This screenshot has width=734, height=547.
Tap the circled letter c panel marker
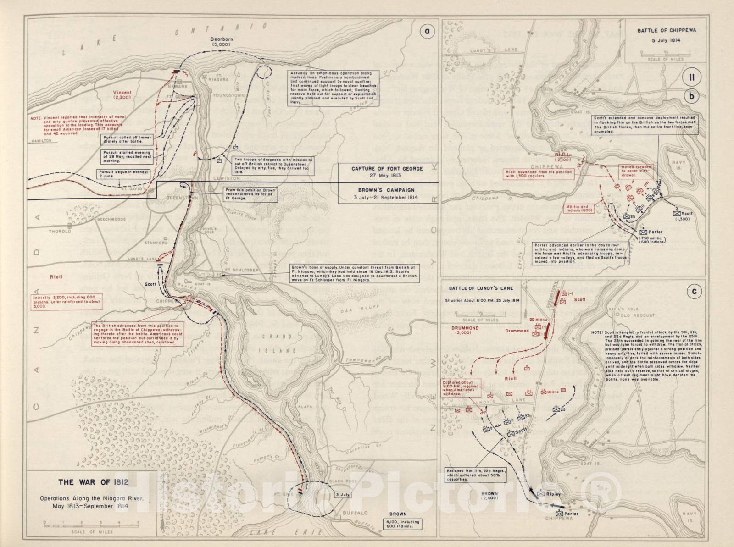[x=692, y=291]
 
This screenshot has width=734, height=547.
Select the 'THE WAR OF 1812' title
[x=93, y=482]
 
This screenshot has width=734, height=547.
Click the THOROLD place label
[x=60, y=232]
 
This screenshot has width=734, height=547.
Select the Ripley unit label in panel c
[x=552, y=494]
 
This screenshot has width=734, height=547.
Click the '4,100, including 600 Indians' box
[x=402, y=524]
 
